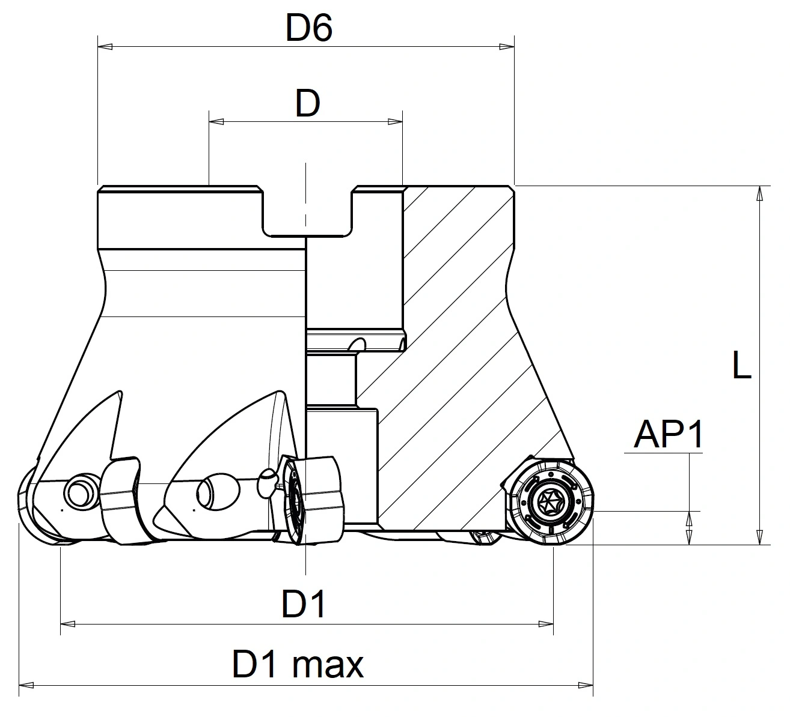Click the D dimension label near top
click(307, 104)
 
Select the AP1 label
click(669, 435)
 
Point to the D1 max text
click(298, 665)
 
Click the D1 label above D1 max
click(304, 604)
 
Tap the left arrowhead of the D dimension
click(216, 122)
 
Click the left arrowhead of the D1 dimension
click(68, 625)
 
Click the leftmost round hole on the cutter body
click(79, 492)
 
